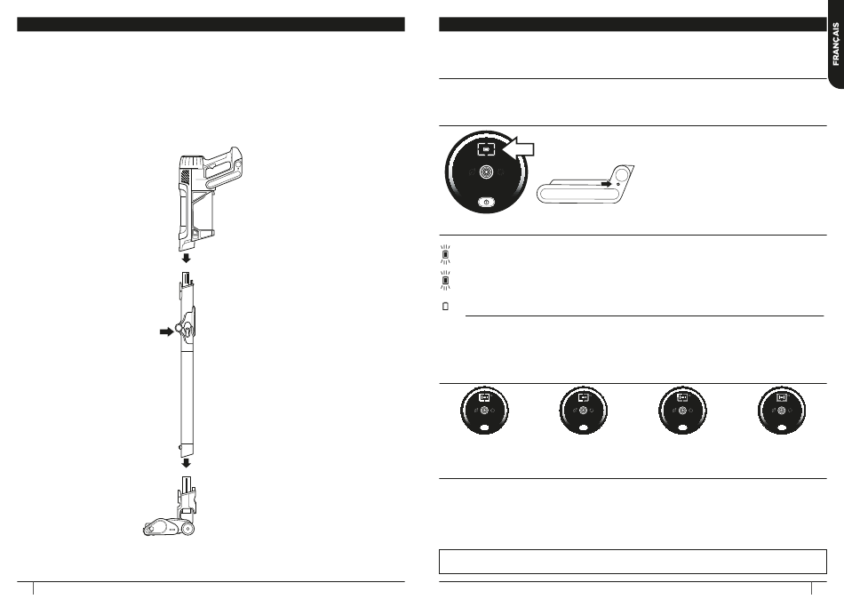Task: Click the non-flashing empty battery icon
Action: pyautogui.click(x=446, y=306)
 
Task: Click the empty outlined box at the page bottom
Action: pyautogui.click(x=633, y=562)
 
